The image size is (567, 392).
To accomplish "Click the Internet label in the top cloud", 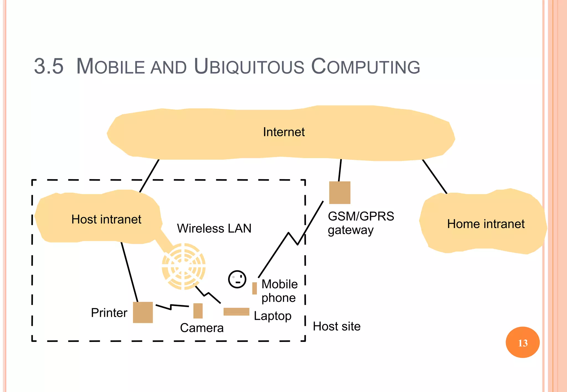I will [x=283, y=132].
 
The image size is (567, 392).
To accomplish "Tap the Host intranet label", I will [x=106, y=219].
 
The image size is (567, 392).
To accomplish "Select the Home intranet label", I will [x=486, y=224].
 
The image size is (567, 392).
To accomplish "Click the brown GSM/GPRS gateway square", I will [x=340, y=193].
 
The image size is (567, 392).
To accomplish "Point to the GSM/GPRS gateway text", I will [x=360, y=223].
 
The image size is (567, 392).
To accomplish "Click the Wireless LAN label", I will [x=214, y=229].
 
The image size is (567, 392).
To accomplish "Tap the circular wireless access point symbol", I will [x=184, y=266].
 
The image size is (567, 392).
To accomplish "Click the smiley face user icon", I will [x=237, y=279].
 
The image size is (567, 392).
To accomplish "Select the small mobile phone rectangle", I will [x=254, y=288].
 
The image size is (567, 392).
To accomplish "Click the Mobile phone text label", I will [x=279, y=291].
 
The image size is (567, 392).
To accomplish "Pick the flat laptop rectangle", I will [x=236, y=312].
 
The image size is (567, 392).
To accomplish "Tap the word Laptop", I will [x=272, y=316].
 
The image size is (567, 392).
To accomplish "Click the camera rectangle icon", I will [x=198, y=311].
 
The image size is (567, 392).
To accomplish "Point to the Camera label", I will [x=202, y=328].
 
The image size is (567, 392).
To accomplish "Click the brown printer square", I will [x=143, y=312].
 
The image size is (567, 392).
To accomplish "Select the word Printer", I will [x=109, y=313].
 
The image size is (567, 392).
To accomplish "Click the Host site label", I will [x=337, y=326].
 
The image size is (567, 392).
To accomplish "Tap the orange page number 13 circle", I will [x=522, y=342].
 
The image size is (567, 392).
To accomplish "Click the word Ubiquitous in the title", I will [x=249, y=67].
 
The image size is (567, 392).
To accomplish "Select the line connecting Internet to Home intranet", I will [x=434, y=176].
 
